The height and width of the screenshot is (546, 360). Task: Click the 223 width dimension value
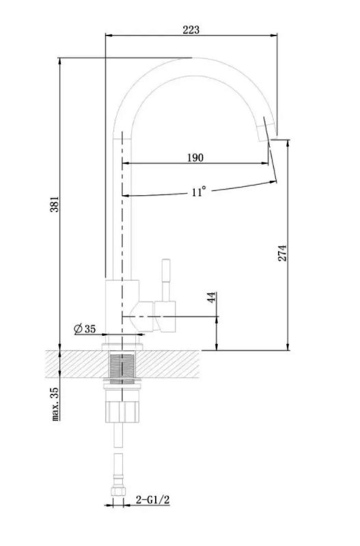tap(191, 29)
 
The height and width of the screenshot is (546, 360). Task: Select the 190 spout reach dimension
tap(195, 158)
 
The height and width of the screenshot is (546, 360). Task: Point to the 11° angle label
tap(198, 192)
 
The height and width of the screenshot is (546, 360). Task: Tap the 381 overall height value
tap(55, 204)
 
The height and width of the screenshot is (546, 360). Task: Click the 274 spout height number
tap(282, 253)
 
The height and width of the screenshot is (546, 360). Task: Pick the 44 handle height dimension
tap(212, 298)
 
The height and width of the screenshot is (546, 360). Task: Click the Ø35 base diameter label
tap(85, 329)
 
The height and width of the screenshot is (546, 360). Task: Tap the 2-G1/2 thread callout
tap(152, 500)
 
